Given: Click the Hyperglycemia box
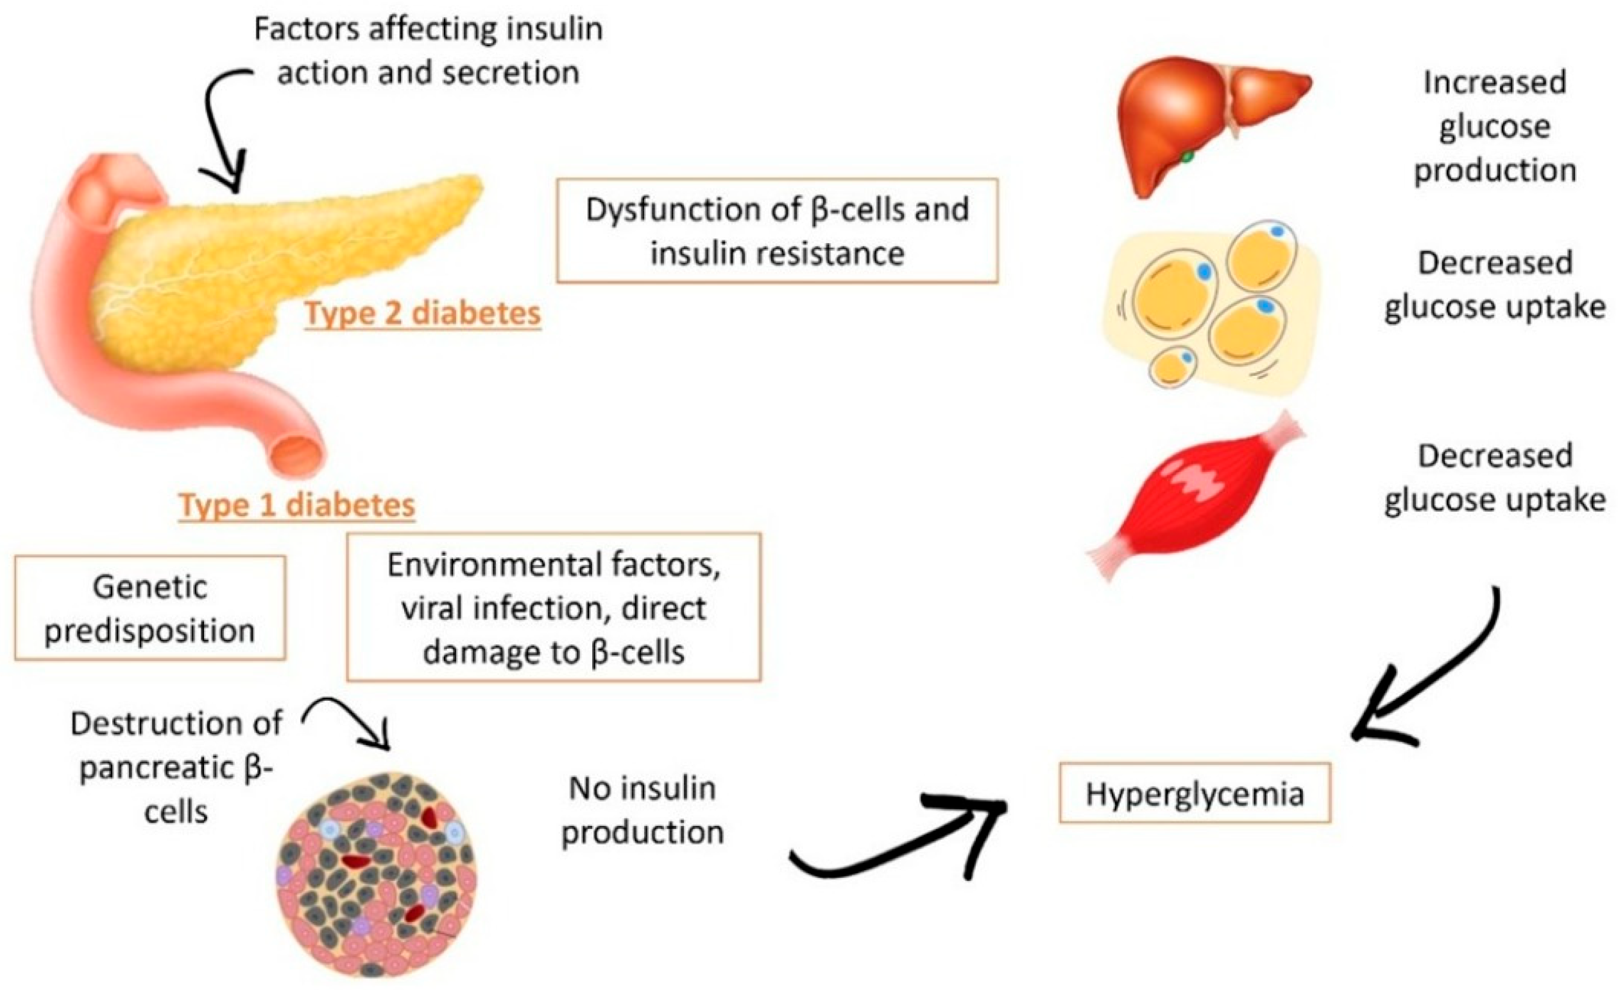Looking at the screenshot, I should click(x=1194, y=793).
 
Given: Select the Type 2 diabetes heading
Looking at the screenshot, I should click(x=422, y=313).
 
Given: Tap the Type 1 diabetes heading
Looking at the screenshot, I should click(x=297, y=505).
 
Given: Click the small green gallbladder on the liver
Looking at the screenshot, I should click(x=1188, y=158).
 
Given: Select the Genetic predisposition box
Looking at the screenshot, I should click(x=149, y=608).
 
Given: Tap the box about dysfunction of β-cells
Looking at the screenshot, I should click(x=777, y=230).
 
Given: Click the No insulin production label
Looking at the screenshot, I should click(x=642, y=809).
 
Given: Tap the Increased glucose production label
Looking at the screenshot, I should click(x=1495, y=126).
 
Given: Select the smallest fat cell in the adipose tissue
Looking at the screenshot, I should click(x=1173, y=367).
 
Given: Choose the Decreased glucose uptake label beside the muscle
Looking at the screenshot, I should click(x=1495, y=478).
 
